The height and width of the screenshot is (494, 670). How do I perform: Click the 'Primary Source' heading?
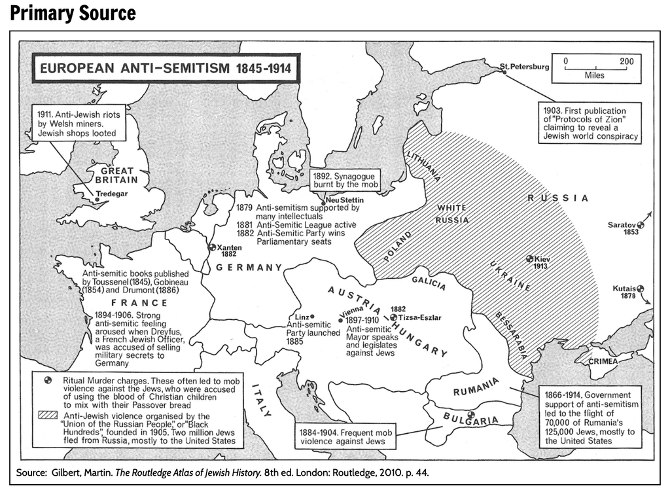(x=73, y=13)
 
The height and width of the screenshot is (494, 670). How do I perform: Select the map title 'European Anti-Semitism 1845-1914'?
(x=164, y=68)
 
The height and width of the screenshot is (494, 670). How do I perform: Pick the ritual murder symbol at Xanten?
(x=211, y=247)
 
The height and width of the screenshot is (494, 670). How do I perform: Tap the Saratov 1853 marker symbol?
(x=641, y=224)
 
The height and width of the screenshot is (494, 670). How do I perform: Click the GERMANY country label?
(x=249, y=268)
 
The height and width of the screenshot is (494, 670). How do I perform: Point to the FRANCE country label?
(x=139, y=302)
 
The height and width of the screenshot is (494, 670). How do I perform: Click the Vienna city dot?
(x=341, y=320)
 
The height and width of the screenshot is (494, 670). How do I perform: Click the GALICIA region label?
(x=429, y=283)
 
